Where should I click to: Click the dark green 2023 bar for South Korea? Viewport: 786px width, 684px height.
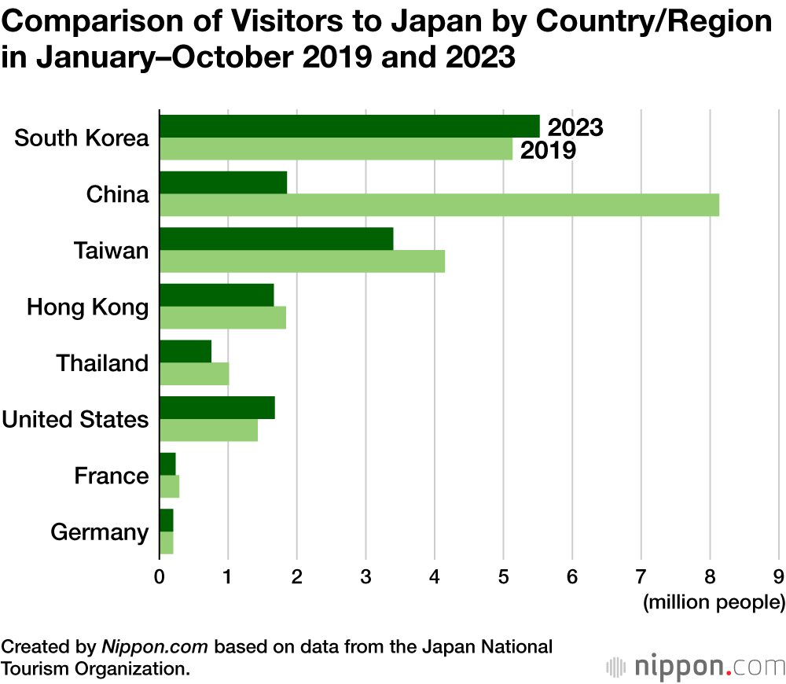pos(350,126)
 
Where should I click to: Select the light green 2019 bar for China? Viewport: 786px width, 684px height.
pos(439,204)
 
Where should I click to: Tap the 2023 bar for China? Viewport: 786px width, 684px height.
pos(223,182)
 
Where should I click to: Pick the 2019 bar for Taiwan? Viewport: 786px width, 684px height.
pos(302,261)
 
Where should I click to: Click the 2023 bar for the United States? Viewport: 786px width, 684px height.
pos(217,408)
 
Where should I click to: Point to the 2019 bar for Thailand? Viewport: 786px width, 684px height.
pos(194,374)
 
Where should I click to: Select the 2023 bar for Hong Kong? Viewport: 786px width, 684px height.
pos(216,295)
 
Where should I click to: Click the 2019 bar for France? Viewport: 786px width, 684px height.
pos(169,487)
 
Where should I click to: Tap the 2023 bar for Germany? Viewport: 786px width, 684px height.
pos(166,520)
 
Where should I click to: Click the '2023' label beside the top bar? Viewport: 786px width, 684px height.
pos(575,127)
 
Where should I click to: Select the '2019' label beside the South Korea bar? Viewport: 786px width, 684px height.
pos(548,150)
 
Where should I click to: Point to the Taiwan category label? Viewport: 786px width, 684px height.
pos(111,251)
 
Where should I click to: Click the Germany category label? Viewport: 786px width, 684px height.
pos(99,532)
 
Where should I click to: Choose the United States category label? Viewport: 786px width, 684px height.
pos(75,419)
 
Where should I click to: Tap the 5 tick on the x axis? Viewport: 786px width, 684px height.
pos(504,576)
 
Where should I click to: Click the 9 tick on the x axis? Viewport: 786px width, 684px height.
pos(779,576)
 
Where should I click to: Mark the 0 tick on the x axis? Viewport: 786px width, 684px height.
pos(160,576)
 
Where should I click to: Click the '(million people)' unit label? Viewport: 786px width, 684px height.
pos(714,603)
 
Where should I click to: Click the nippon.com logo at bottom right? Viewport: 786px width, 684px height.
pos(695,667)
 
